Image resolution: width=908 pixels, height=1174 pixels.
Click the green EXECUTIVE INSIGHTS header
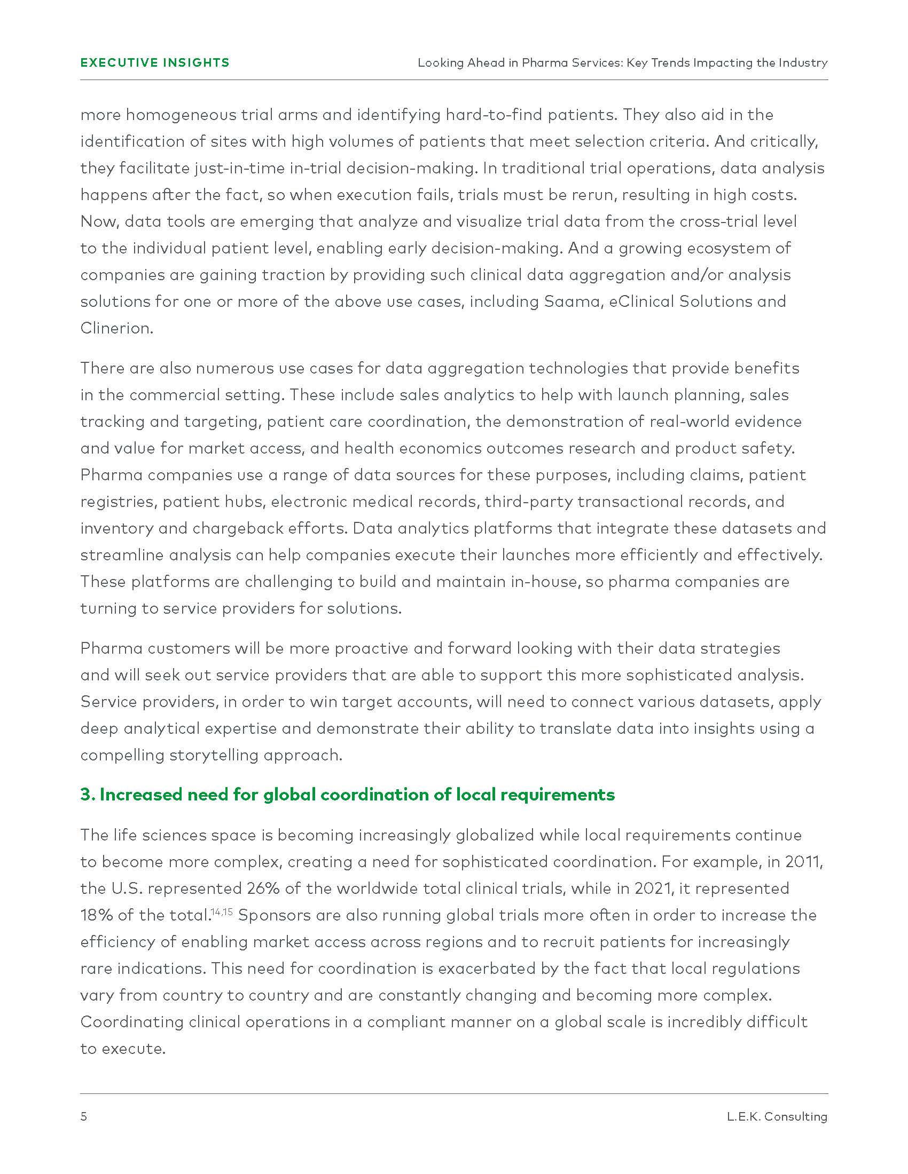coord(155,63)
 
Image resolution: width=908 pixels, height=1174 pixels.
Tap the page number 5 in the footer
coord(83,1116)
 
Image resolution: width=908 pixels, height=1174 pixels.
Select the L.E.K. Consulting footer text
coord(777,1116)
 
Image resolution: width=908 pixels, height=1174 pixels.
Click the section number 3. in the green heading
coord(88,795)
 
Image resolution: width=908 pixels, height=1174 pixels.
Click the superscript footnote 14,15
coord(221,911)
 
